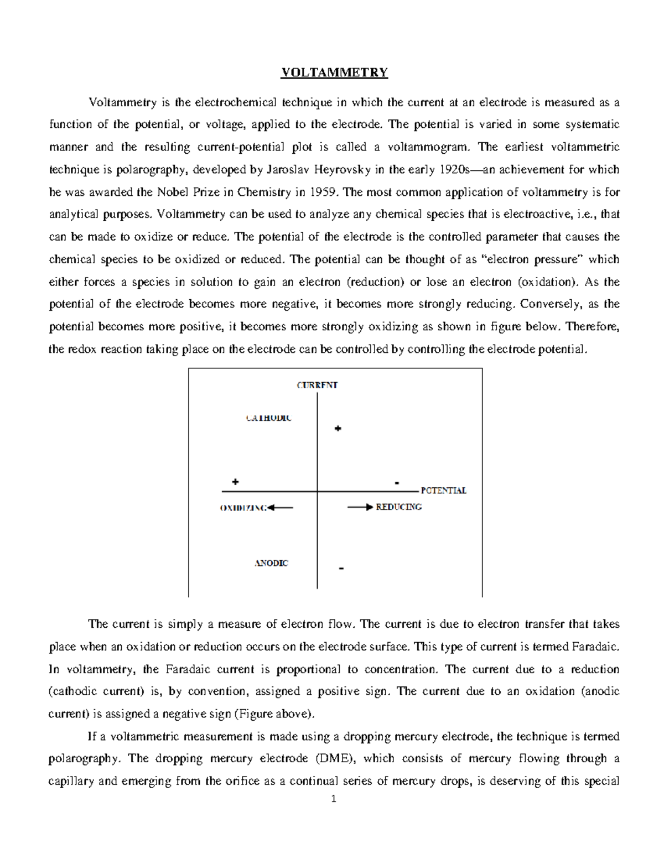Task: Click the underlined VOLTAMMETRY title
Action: [x=334, y=73]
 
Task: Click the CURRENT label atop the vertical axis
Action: [x=317, y=385]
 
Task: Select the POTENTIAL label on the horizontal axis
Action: [x=443, y=491]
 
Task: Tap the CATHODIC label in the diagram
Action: [x=268, y=418]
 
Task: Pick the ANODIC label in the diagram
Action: [x=271, y=563]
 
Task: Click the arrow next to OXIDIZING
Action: [x=280, y=507]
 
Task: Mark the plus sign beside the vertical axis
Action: [x=338, y=429]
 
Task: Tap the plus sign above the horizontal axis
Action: [x=236, y=482]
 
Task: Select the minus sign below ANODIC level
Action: [x=341, y=569]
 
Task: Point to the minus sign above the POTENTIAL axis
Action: [x=397, y=483]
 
